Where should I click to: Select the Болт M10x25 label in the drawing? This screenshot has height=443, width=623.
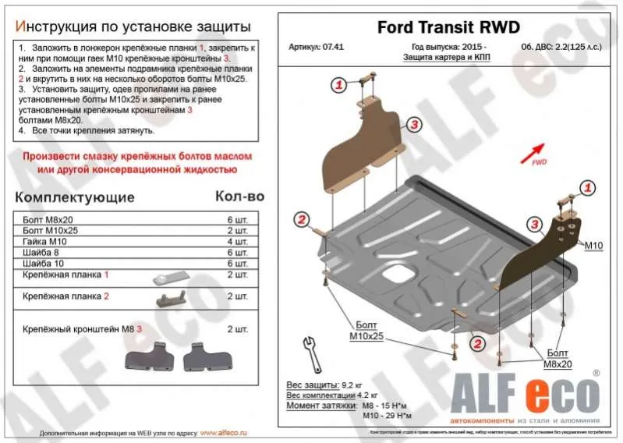[365, 331]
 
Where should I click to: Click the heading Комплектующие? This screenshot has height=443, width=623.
[75, 197]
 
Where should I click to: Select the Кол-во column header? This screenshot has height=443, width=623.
[239, 197]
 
